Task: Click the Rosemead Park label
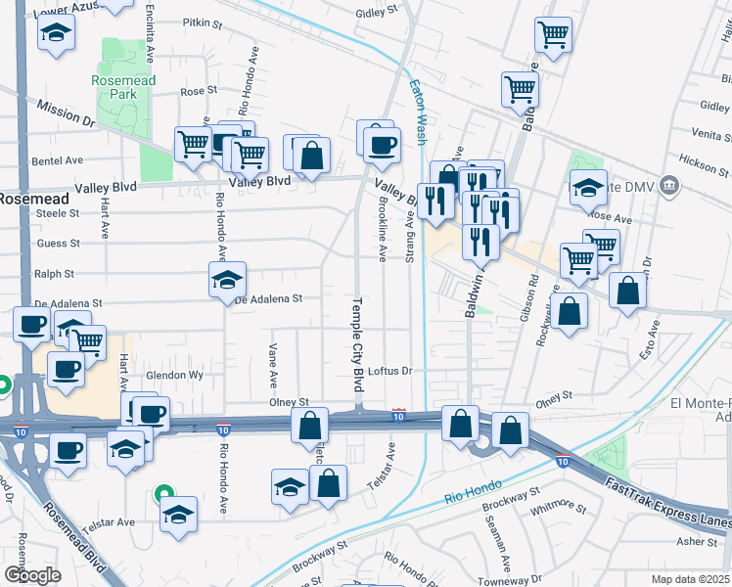[x=123, y=87]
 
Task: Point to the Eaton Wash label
[x=418, y=113]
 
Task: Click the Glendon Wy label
[x=174, y=375]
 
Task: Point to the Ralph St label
[x=54, y=275]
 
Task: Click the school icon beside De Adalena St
[x=227, y=280]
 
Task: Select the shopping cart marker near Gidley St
[x=553, y=34]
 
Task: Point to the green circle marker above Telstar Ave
[x=164, y=494]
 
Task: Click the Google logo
[x=32, y=575]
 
